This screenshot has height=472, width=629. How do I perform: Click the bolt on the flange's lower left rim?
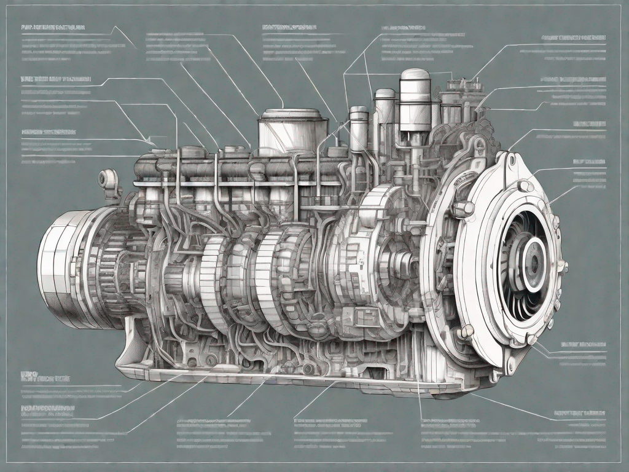pos(467,332)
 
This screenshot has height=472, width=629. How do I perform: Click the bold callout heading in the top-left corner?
pos(53,28)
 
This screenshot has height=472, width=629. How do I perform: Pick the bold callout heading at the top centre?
pos(289,28)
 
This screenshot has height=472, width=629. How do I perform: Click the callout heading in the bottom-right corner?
pos(580,412)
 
